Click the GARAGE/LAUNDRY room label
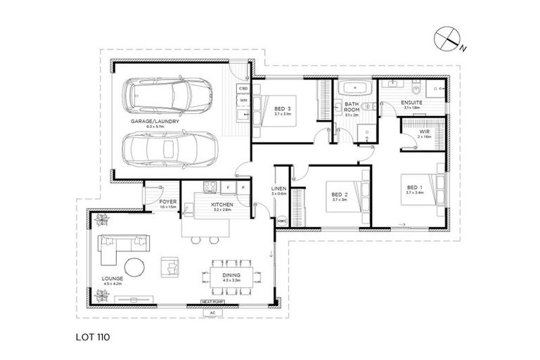[154, 121]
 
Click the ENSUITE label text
[411, 103]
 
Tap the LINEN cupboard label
[278, 190]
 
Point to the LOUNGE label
[112, 278]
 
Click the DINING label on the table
[232, 275]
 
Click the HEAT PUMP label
[213, 302]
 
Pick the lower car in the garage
[168, 148]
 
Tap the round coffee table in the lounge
[134, 267]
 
